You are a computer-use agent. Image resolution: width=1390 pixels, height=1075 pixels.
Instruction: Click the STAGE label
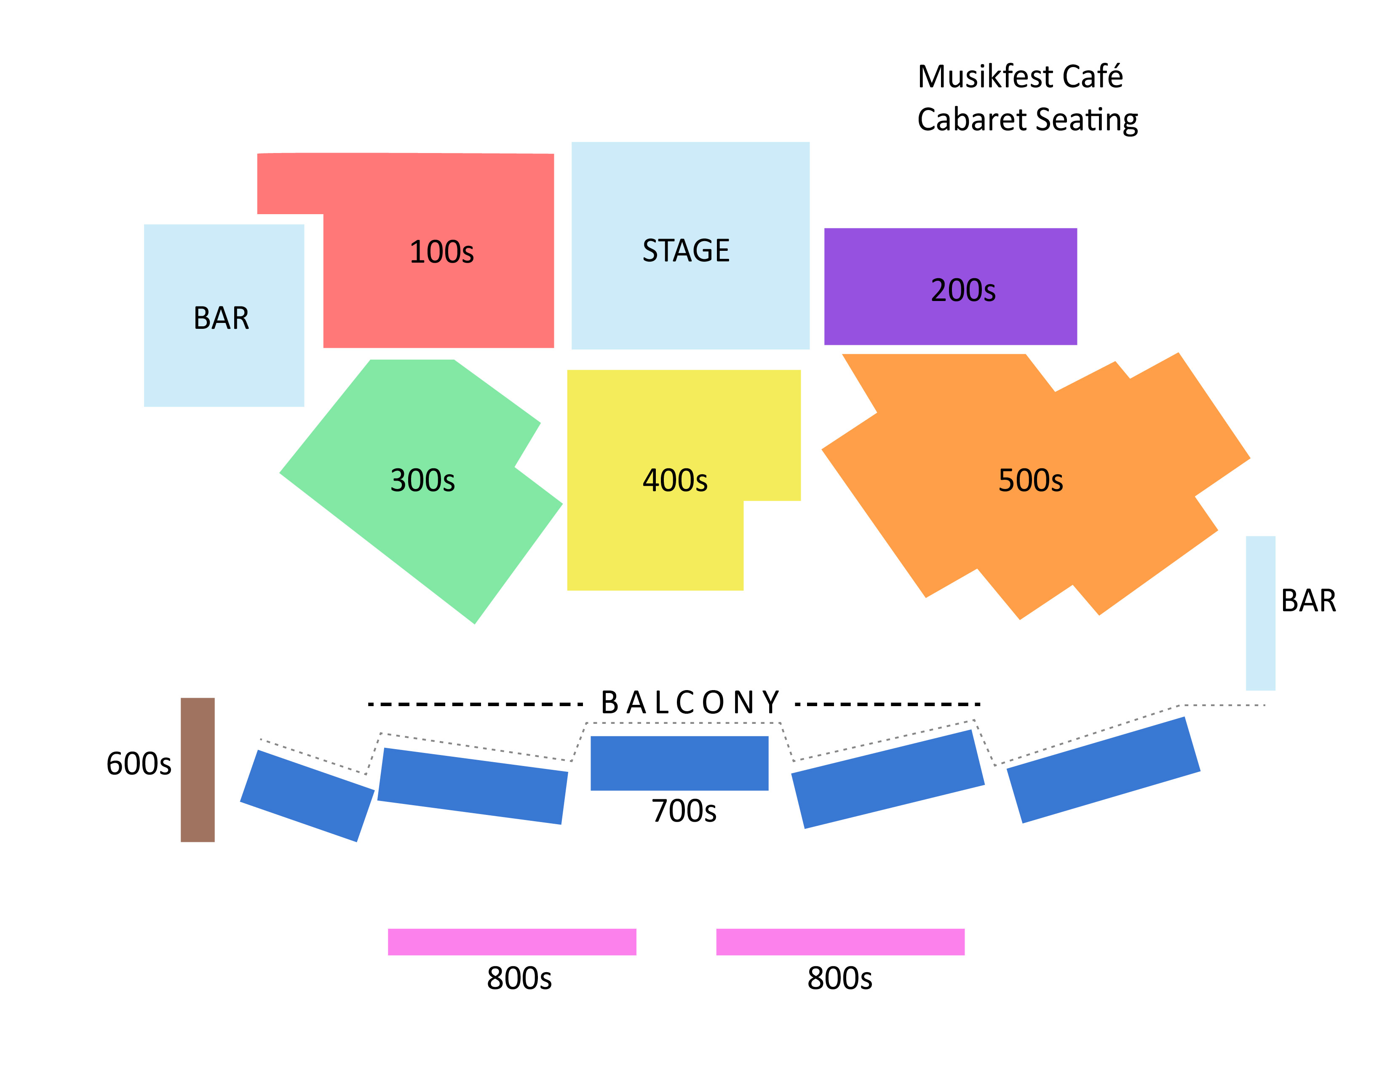click(x=685, y=250)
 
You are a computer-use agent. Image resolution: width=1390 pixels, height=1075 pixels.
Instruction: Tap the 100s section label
click(x=441, y=252)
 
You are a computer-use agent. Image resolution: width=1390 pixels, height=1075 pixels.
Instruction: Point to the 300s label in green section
click(x=422, y=480)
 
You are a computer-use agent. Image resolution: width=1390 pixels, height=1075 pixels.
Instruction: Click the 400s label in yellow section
click(x=675, y=480)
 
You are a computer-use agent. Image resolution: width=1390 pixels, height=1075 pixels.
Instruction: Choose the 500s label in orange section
click(x=1030, y=480)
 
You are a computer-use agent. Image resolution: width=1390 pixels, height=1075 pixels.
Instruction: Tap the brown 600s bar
click(x=197, y=769)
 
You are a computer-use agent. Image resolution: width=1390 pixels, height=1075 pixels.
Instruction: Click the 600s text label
click(x=139, y=763)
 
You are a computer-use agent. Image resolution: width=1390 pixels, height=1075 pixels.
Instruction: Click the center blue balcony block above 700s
click(x=679, y=763)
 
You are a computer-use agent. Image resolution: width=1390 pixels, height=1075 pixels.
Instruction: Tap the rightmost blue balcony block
click(x=1103, y=770)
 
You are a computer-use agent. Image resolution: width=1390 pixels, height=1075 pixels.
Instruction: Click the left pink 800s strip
click(x=512, y=942)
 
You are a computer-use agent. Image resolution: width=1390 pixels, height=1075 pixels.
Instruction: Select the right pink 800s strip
click(x=840, y=942)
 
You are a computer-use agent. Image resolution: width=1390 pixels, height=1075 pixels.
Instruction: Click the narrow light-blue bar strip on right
click(x=1260, y=613)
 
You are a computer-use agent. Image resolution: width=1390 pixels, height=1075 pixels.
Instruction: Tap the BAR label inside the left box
click(x=221, y=318)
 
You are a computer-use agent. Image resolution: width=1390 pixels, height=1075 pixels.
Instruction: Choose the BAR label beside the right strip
click(x=1308, y=601)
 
